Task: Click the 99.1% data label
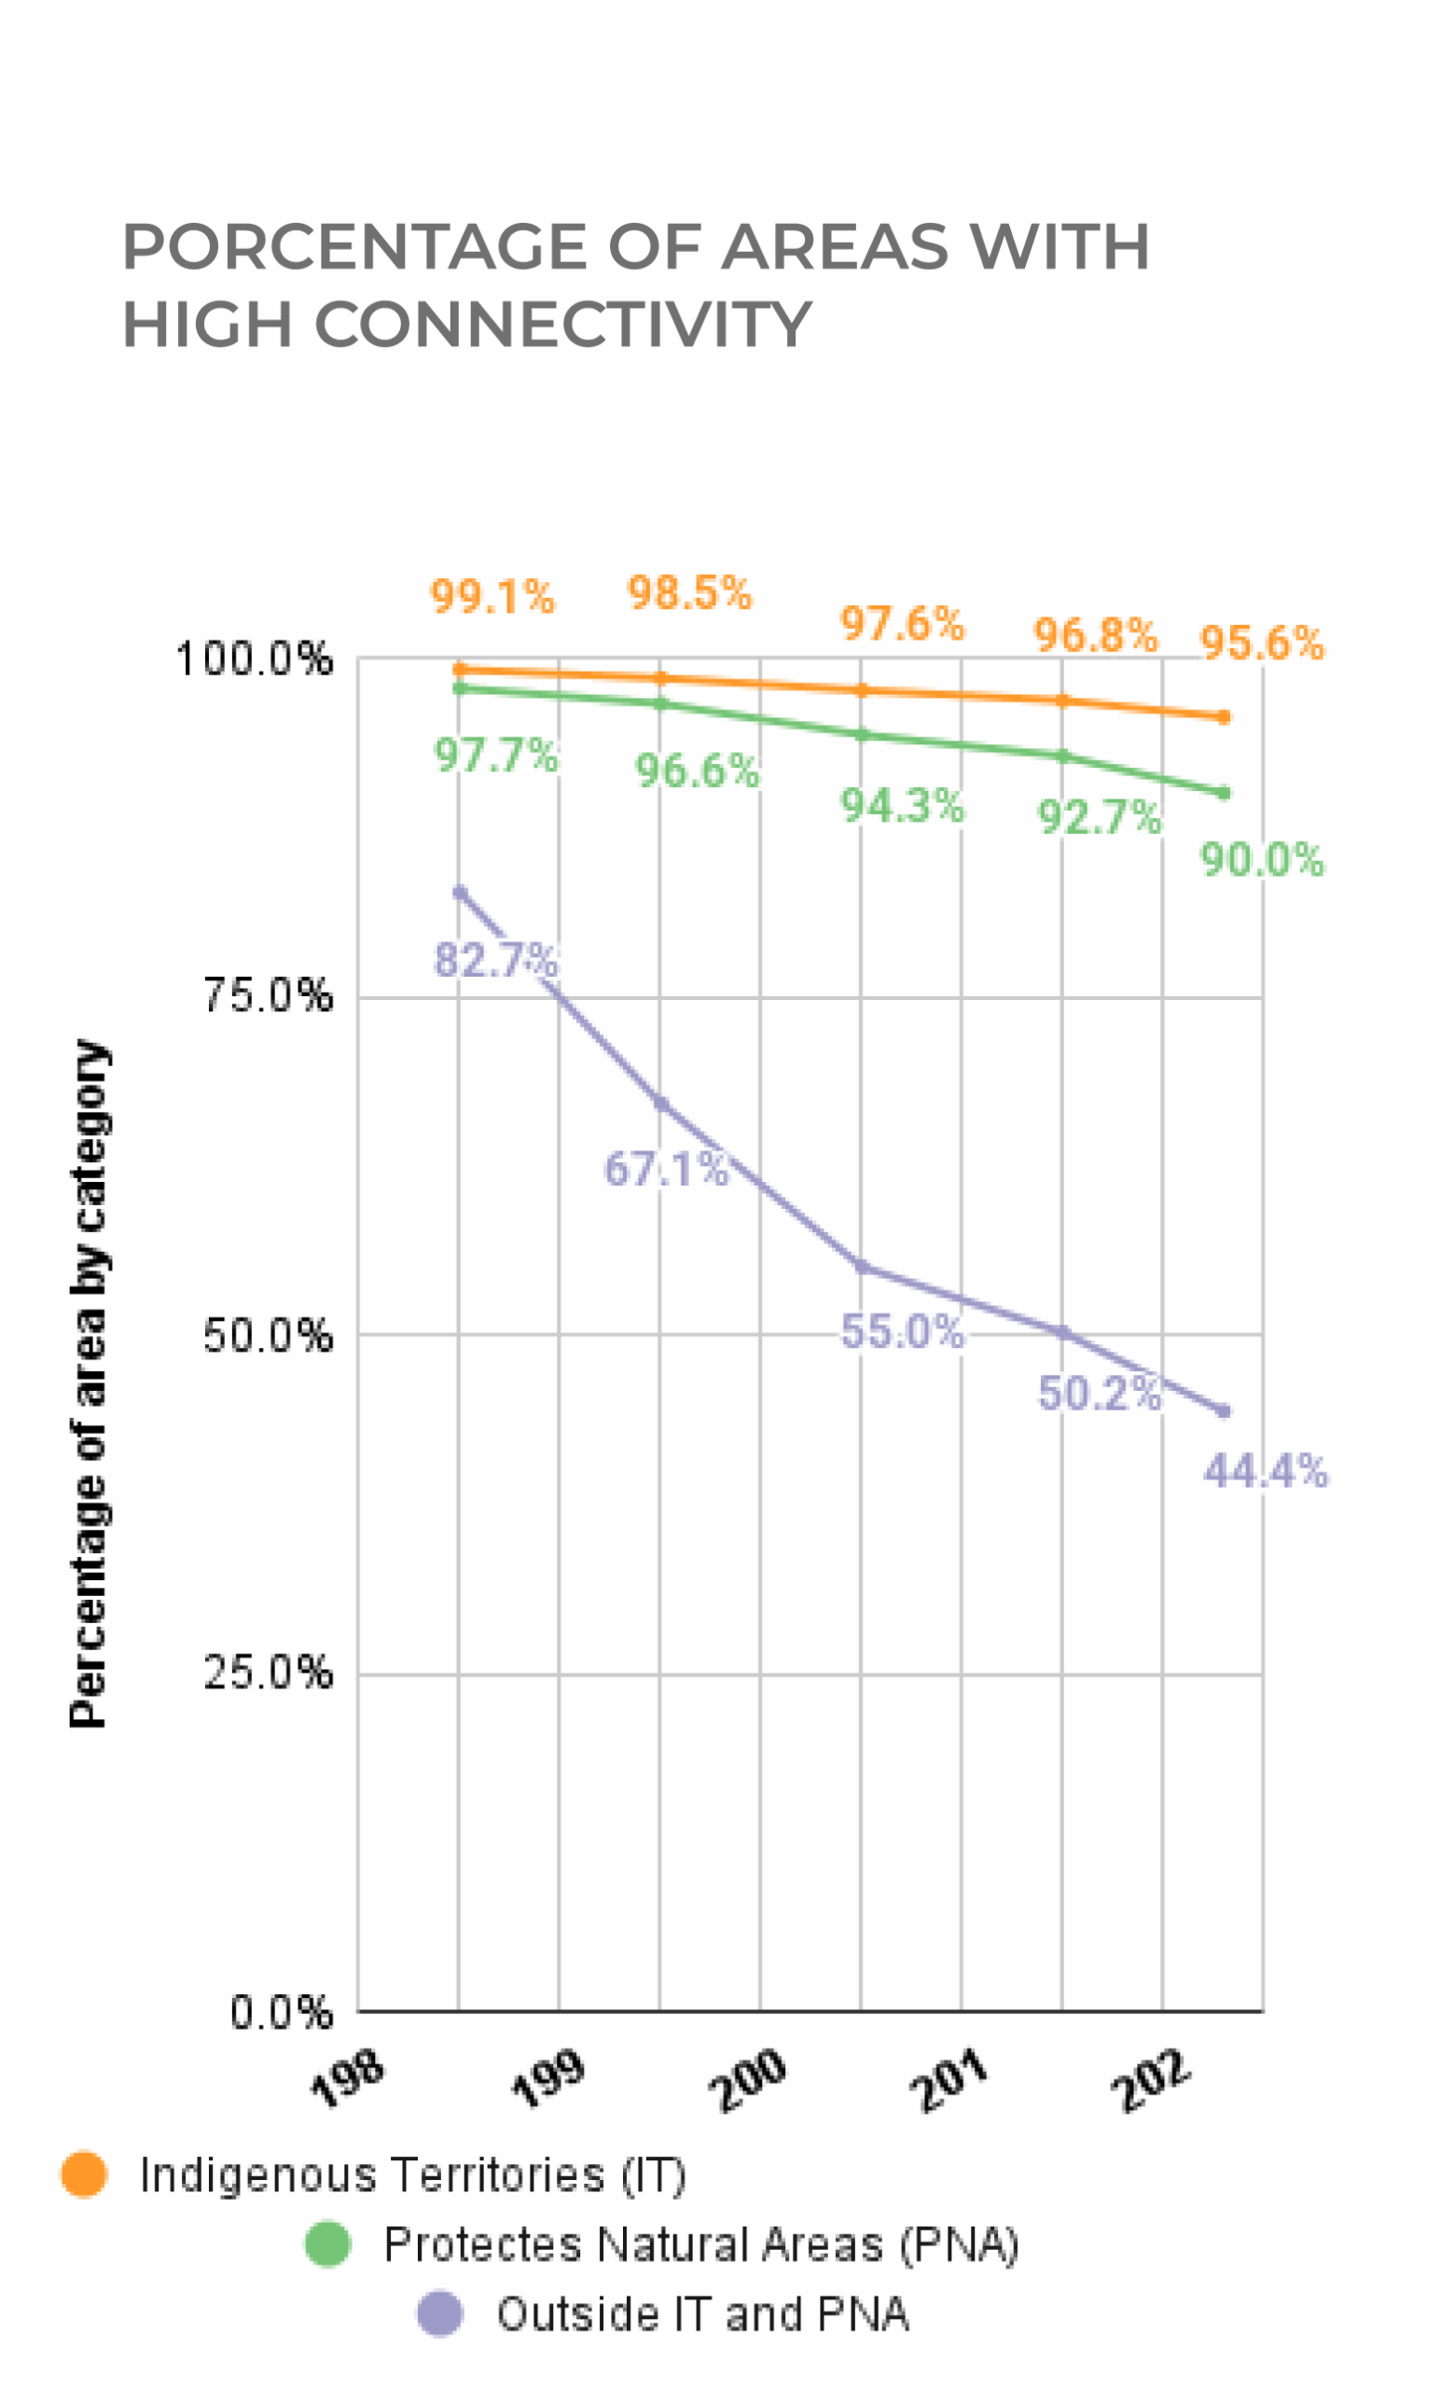click(x=492, y=596)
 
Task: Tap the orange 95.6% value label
click(x=1262, y=643)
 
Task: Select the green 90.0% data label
click(x=1262, y=860)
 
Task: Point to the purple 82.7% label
click(x=495, y=960)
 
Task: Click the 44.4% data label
click(x=1265, y=1471)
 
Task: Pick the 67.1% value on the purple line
click(x=666, y=1169)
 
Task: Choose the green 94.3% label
click(x=902, y=805)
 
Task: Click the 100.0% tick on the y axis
click(x=254, y=660)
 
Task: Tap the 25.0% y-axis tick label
click(x=268, y=1673)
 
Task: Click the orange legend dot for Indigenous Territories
click(x=84, y=2174)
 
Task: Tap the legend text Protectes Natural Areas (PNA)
click(x=700, y=2244)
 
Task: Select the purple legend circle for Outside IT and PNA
click(x=440, y=2314)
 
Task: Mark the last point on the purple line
click(x=1223, y=1411)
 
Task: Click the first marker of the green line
click(x=461, y=687)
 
